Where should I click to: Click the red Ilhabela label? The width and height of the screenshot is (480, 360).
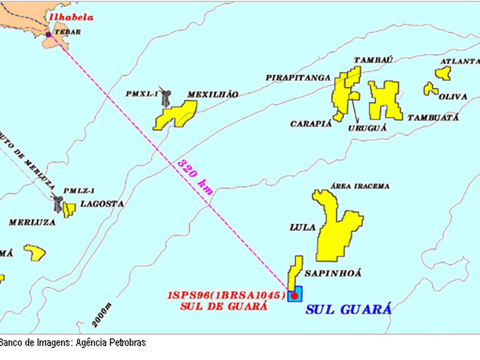pyautogui.click(x=68, y=18)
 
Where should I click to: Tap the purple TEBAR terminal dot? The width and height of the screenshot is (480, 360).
pyautogui.click(x=48, y=34)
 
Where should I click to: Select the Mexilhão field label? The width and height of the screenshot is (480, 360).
pyautogui.click(x=212, y=95)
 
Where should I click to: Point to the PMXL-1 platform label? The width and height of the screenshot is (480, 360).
pyautogui.click(x=141, y=94)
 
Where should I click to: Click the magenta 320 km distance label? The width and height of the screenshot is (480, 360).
pyautogui.click(x=195, y=176)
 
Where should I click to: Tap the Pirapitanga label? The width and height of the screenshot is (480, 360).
pyautogui.click(x=298, y=78)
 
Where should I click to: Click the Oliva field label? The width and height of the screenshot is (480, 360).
pyautogui.click(x=452, y=97)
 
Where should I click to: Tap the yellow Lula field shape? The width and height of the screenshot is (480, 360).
pyautogui.click(x=337, y=230)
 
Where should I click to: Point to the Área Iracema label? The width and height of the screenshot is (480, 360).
pyautogui.click(x=361, y=186)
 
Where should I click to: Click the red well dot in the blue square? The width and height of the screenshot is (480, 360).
pyautogui.click(x=295, y=296)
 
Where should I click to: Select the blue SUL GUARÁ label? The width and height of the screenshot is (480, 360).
pyautogui.click(x=348, y=309)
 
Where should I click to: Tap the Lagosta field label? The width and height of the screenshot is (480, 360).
pyautogui.click(x=102, y=204)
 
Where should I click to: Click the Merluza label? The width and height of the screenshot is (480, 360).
pyautogui.click(x=32, y=222)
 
